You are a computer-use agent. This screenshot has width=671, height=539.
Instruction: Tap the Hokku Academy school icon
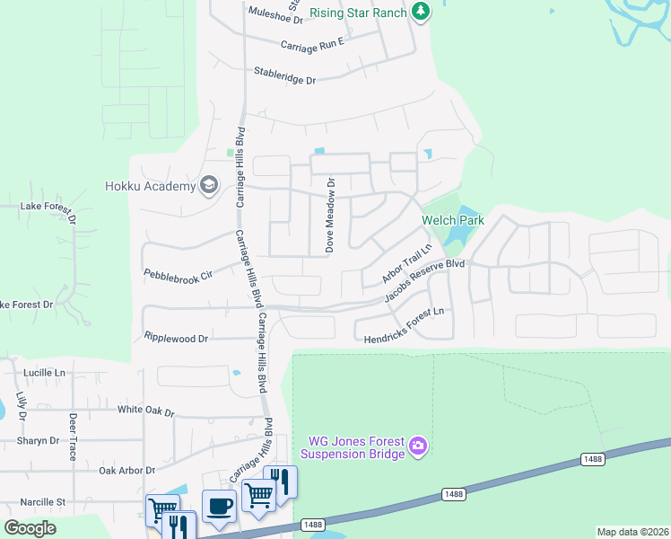(209, 185)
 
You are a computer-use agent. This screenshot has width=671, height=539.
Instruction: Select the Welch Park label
(453, 220)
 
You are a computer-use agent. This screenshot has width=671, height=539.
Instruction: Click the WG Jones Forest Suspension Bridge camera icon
(418, 446)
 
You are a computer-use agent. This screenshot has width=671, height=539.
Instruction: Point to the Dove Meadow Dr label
(330, 214)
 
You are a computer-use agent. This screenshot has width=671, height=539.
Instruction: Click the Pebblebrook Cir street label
(178, 274)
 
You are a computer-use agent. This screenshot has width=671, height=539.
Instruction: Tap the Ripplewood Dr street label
(176, 338)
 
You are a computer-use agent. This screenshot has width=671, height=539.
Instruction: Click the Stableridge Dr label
(285, 75)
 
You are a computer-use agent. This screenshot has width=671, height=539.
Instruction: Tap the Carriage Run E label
(312, 44)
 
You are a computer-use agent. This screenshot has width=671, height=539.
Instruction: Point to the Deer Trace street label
(72, 437)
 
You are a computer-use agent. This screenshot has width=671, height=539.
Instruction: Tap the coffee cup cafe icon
(219, 505)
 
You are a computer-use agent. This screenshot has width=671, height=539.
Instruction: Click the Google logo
(30, 528)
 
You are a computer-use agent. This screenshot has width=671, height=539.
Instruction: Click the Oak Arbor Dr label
(126, 470)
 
